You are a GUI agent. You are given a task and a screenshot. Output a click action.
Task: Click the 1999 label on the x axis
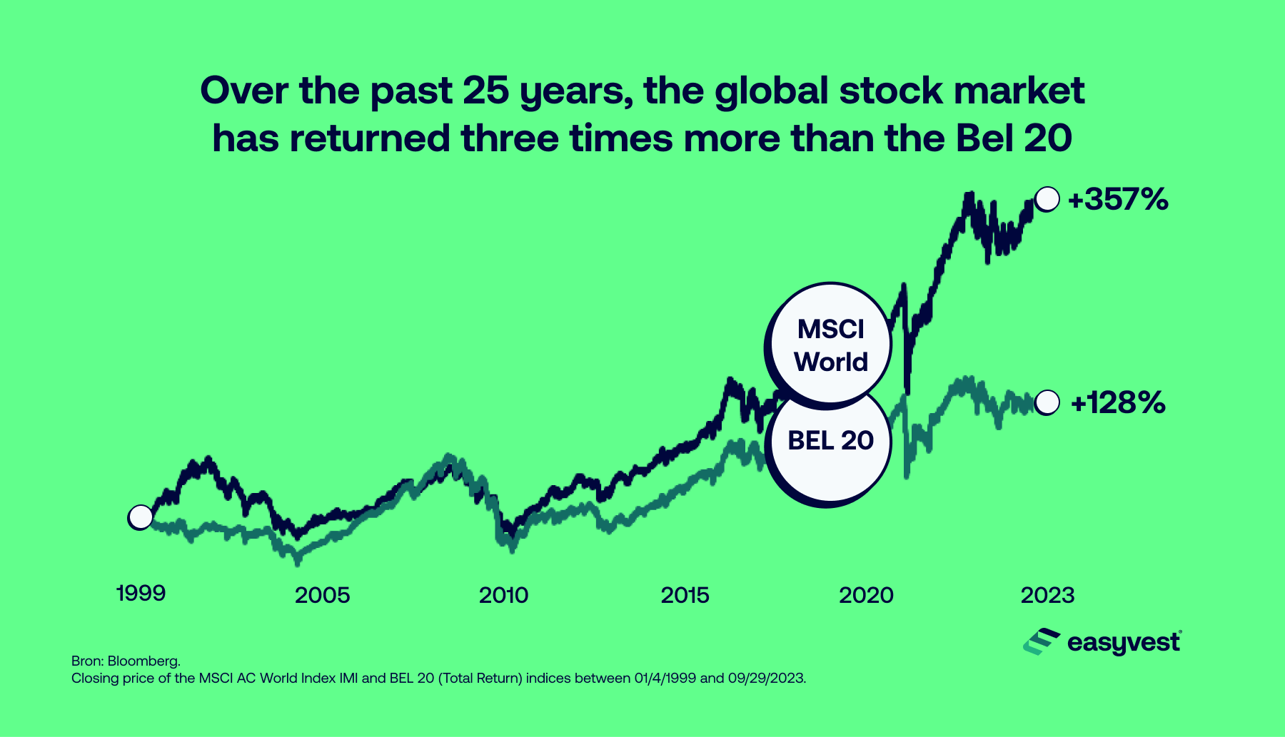(x=141, y=593)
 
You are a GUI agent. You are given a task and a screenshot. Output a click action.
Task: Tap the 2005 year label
(x=322, y=595)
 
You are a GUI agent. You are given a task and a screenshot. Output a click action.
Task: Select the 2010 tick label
(x=503, y=595)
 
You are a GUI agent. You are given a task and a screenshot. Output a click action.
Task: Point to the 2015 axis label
(x=685, y=595)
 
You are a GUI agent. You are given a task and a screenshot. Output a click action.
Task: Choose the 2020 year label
(x=866, y=595)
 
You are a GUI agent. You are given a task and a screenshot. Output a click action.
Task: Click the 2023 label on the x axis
(x=1047, y=595)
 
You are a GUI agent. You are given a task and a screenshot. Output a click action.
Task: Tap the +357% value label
(x=1118, y=199)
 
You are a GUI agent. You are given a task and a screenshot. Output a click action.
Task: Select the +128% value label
(x=1119, y=403)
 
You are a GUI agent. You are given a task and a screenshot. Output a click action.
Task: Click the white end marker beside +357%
(x=1047, y=199)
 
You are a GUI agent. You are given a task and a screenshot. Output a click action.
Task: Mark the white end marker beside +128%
(x=1047, y=402)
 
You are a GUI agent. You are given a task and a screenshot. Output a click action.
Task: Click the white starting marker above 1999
(x=140, y=517)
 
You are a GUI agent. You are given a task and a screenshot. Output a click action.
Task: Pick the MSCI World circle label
(x=830, y=345)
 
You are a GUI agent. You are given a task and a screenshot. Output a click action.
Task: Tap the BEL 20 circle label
(x=830, y=440)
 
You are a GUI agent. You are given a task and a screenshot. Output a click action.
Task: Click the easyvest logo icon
(x=1041, y=641)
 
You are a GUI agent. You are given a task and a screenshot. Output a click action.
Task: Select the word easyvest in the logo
(x=1124, y=644)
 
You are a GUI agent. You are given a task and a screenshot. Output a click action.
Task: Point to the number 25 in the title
(x=486, y=91)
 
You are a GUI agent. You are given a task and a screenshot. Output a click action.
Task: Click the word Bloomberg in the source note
(x=143, y=661)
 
